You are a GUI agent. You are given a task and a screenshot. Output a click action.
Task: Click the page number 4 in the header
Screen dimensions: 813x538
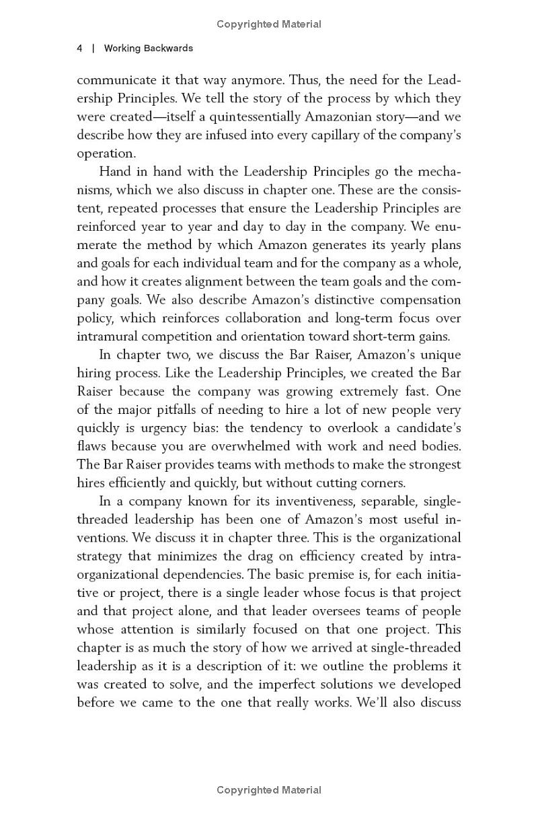pyautogui.click(x=79, y=48)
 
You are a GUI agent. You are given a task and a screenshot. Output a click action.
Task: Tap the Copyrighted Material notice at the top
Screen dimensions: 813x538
pyautogui.click(x=269, y=24)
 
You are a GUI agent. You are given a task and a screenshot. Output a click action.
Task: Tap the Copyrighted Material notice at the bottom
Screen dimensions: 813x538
pyautogui.click(x=269, y=790)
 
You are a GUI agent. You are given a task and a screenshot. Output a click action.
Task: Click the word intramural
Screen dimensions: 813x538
pyautogui.click(x=110, y=336)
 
